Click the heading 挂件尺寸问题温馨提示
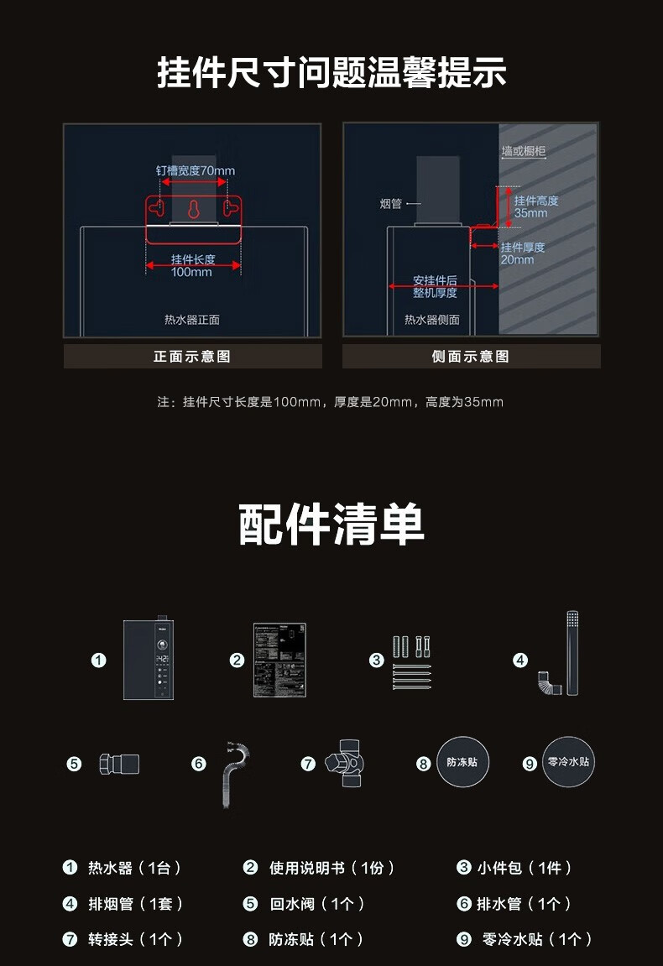[x=331, y=72]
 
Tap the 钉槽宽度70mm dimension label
[x=195, y=170]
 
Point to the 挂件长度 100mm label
[x=193, y=265]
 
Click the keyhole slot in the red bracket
[x=194, y=210]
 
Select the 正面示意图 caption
[x=192, y=357]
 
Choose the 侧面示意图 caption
[x=471, y=357]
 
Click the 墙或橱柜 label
[x=524, y=151]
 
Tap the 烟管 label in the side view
[x=391, y=204]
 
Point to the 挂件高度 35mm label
[x=535, y=206]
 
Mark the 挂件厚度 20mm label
[x=522, y=253]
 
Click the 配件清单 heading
[x=331, y=525]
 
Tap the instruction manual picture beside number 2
[x=279, y=660]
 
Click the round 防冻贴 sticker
[x=462, y=763]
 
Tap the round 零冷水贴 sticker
[x=568, y=762]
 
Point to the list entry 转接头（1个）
[x=134, y=940]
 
